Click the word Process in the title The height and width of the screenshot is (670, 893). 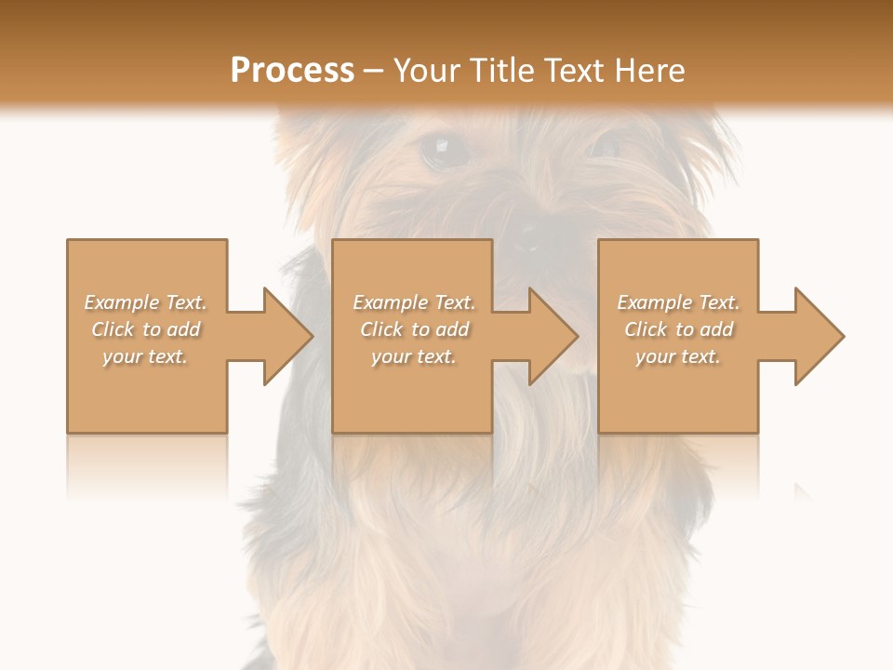(292, 71)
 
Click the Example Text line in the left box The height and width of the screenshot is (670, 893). (145, 302)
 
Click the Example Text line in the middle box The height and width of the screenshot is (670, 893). (413, 302)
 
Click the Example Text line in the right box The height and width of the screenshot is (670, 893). (678, 302)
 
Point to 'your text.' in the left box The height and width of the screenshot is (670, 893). (145, 356)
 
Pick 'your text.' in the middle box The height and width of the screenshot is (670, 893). (413, 356)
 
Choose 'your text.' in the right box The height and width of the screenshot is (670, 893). (678, 356)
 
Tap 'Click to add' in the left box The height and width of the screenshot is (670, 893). (145, 329)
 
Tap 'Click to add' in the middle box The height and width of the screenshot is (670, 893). (413, 329)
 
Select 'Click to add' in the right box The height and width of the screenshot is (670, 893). (678, 329)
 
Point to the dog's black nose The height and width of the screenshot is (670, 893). (526, 237)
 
